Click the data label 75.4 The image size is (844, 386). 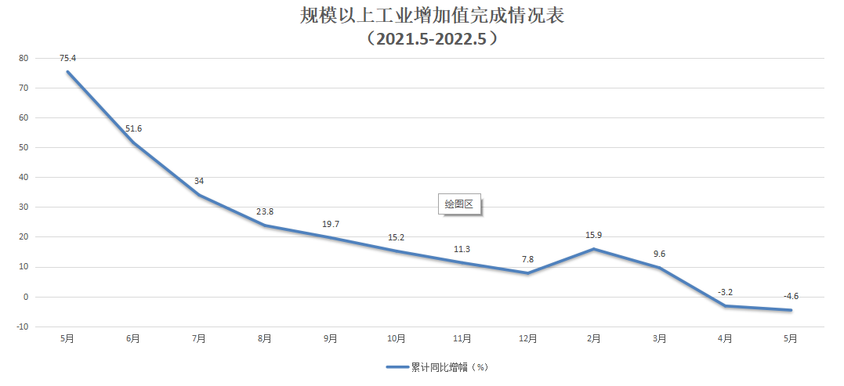click(x=67, y=57)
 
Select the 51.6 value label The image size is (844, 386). click(x=133, y=128)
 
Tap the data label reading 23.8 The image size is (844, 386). click(x=265, y=211)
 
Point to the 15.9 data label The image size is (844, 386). click(x=594, y=235)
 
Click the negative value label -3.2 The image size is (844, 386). click(x=725, y=292)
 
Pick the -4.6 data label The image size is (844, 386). click(x=791, y=296)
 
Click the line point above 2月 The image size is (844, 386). click(x=594, y=249)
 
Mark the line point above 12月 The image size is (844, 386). click(x=528, y=273)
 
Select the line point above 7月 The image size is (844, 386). click(x=199, y=195)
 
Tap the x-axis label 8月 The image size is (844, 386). click(x=265, y=339)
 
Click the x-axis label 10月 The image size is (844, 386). click(x=397, y=339)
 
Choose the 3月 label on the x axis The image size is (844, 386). click(x=660, y=339)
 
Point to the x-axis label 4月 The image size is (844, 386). click(x=726, y=339)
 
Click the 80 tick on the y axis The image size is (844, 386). click(x=24, y=58)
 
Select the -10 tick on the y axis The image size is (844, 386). click(x=22, y=326)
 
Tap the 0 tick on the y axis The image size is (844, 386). click(x=26, y=297)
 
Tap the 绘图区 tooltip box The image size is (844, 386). click(x=459, y=204)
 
